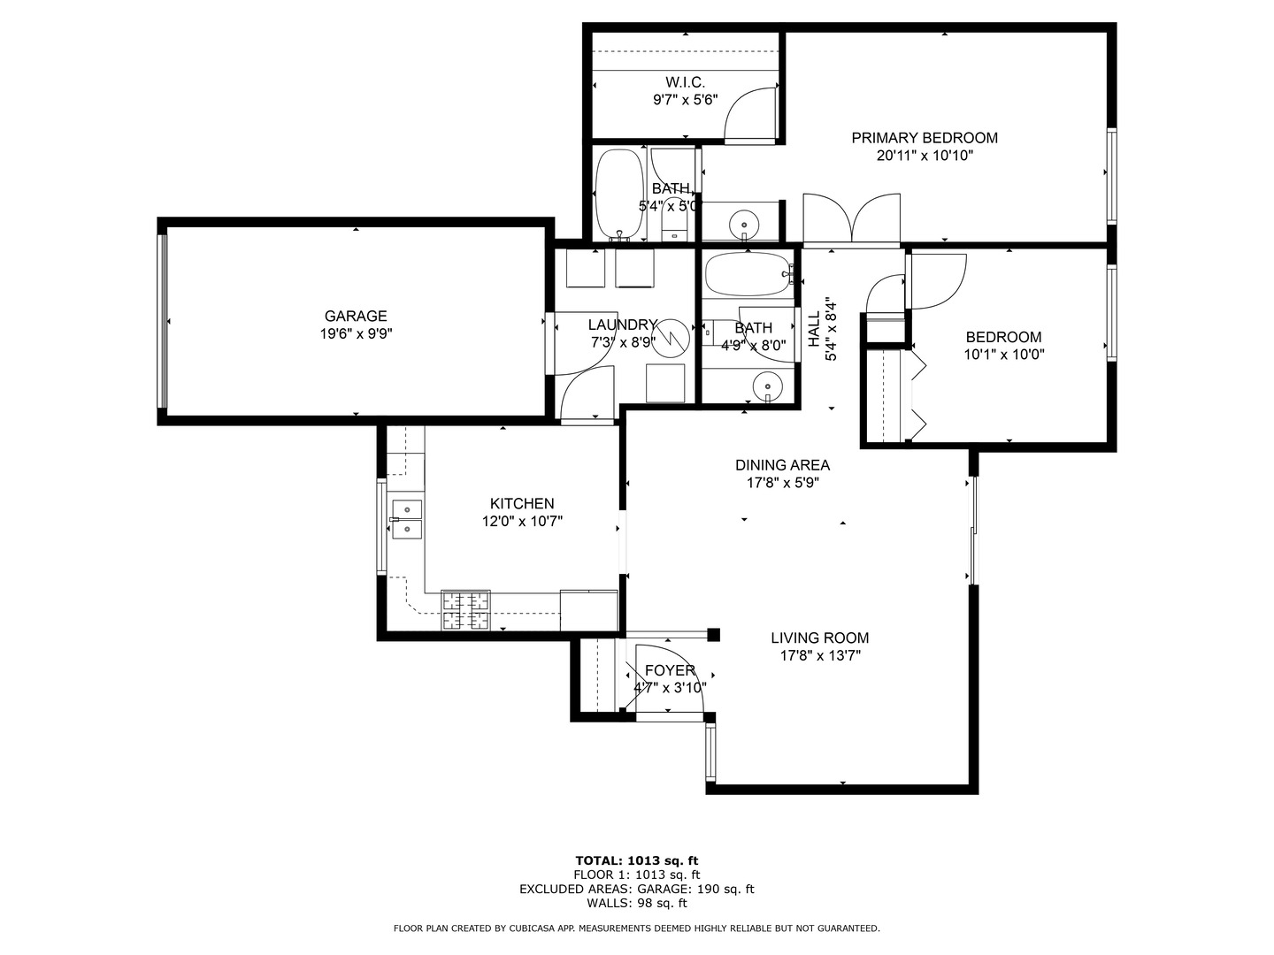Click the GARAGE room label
point(355,316)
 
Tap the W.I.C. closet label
point(686,82)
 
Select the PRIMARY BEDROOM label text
point(925,138)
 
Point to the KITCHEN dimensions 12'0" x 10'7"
point(522,522)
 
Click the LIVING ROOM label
point(819,638)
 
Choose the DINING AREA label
point(782,465)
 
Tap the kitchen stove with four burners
point(465,610)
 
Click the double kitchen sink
point(407,519)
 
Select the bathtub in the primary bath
point(619,195)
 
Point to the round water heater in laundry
point(671,338)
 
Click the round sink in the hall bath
point(767,386)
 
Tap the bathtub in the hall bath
point(748,274)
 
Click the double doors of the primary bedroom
point(851,218)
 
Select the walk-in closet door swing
point(750,114)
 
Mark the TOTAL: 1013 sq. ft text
point(637,860)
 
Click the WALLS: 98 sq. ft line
point(637,903)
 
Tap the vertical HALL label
point(814,329)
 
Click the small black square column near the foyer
point(713,635)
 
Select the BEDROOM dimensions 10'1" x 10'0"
point(1004,355)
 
